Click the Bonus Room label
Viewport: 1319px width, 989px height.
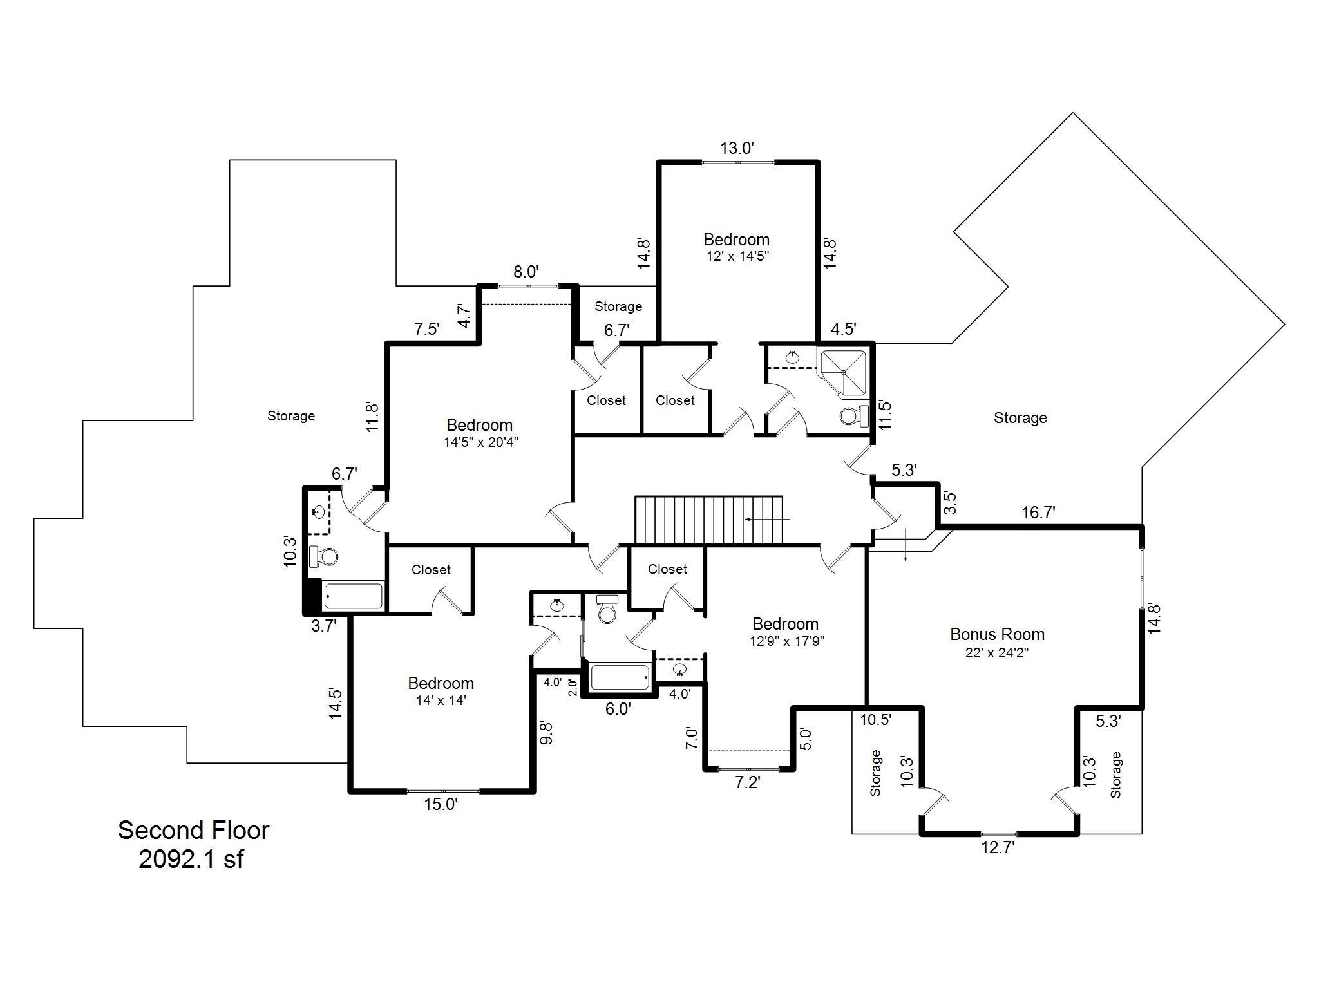pyautogui.click(x=997, y=634)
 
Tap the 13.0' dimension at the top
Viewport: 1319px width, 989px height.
pyautogui.click(x=737, y=148)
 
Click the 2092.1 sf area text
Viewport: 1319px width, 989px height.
pyautogui.click(x=191, y=859)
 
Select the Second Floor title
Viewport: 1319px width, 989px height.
pyautogui.click(x=193, y=830)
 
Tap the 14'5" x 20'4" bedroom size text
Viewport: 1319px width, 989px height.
pyautogui.click(x=480, y=442)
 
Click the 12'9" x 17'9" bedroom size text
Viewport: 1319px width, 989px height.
pyautogui.click(x=786, y=641)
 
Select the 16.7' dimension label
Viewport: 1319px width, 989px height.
pyautogui.click(x=1038, y=513)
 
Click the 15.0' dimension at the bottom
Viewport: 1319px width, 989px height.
pyautogui.click(x=441, y=804)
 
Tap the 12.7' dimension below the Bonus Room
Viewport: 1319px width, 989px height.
pyautogui.click(x=998, y=847)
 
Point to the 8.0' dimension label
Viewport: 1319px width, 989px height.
pyautogui.click(x=526, y=272)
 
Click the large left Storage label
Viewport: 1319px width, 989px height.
pyautogui.click(x=291, y=416)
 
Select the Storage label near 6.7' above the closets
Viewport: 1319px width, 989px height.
pyautogui.click(x=618, y=306)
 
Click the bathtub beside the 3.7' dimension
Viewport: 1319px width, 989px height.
pyautogui.click(x=353, y=596)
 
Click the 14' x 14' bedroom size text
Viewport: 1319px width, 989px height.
pyautogui.click(x=441, y=701)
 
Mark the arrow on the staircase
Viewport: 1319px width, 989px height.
pyautogui.click(x=766, y=518)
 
